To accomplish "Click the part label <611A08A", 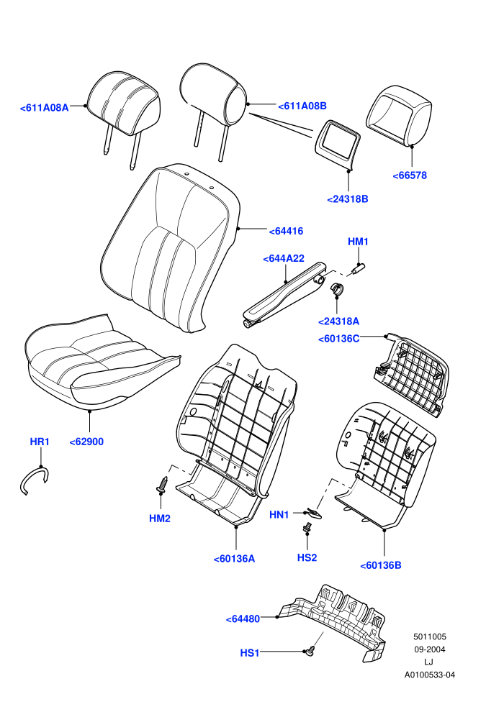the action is tap(44, 108).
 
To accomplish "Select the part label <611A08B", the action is tap(302, 106).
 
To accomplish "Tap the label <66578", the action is tap(410, 175).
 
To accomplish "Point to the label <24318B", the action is tap(348, 199).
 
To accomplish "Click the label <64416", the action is tap(286, 231).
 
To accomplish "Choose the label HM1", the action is tap(358, 242).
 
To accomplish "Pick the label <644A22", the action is tap(284, 258).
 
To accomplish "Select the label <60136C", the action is tap(339, 339).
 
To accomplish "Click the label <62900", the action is tap(86, 442).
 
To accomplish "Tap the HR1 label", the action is tap(40, 442).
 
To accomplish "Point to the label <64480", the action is tap(243, 619).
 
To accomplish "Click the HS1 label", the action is tap(250, 653).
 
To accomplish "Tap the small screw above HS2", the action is tap(307, 527).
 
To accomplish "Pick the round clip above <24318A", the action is tap(337, 289).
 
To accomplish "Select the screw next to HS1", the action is tap(311, 650).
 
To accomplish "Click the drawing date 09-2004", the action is tap(429, 649).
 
